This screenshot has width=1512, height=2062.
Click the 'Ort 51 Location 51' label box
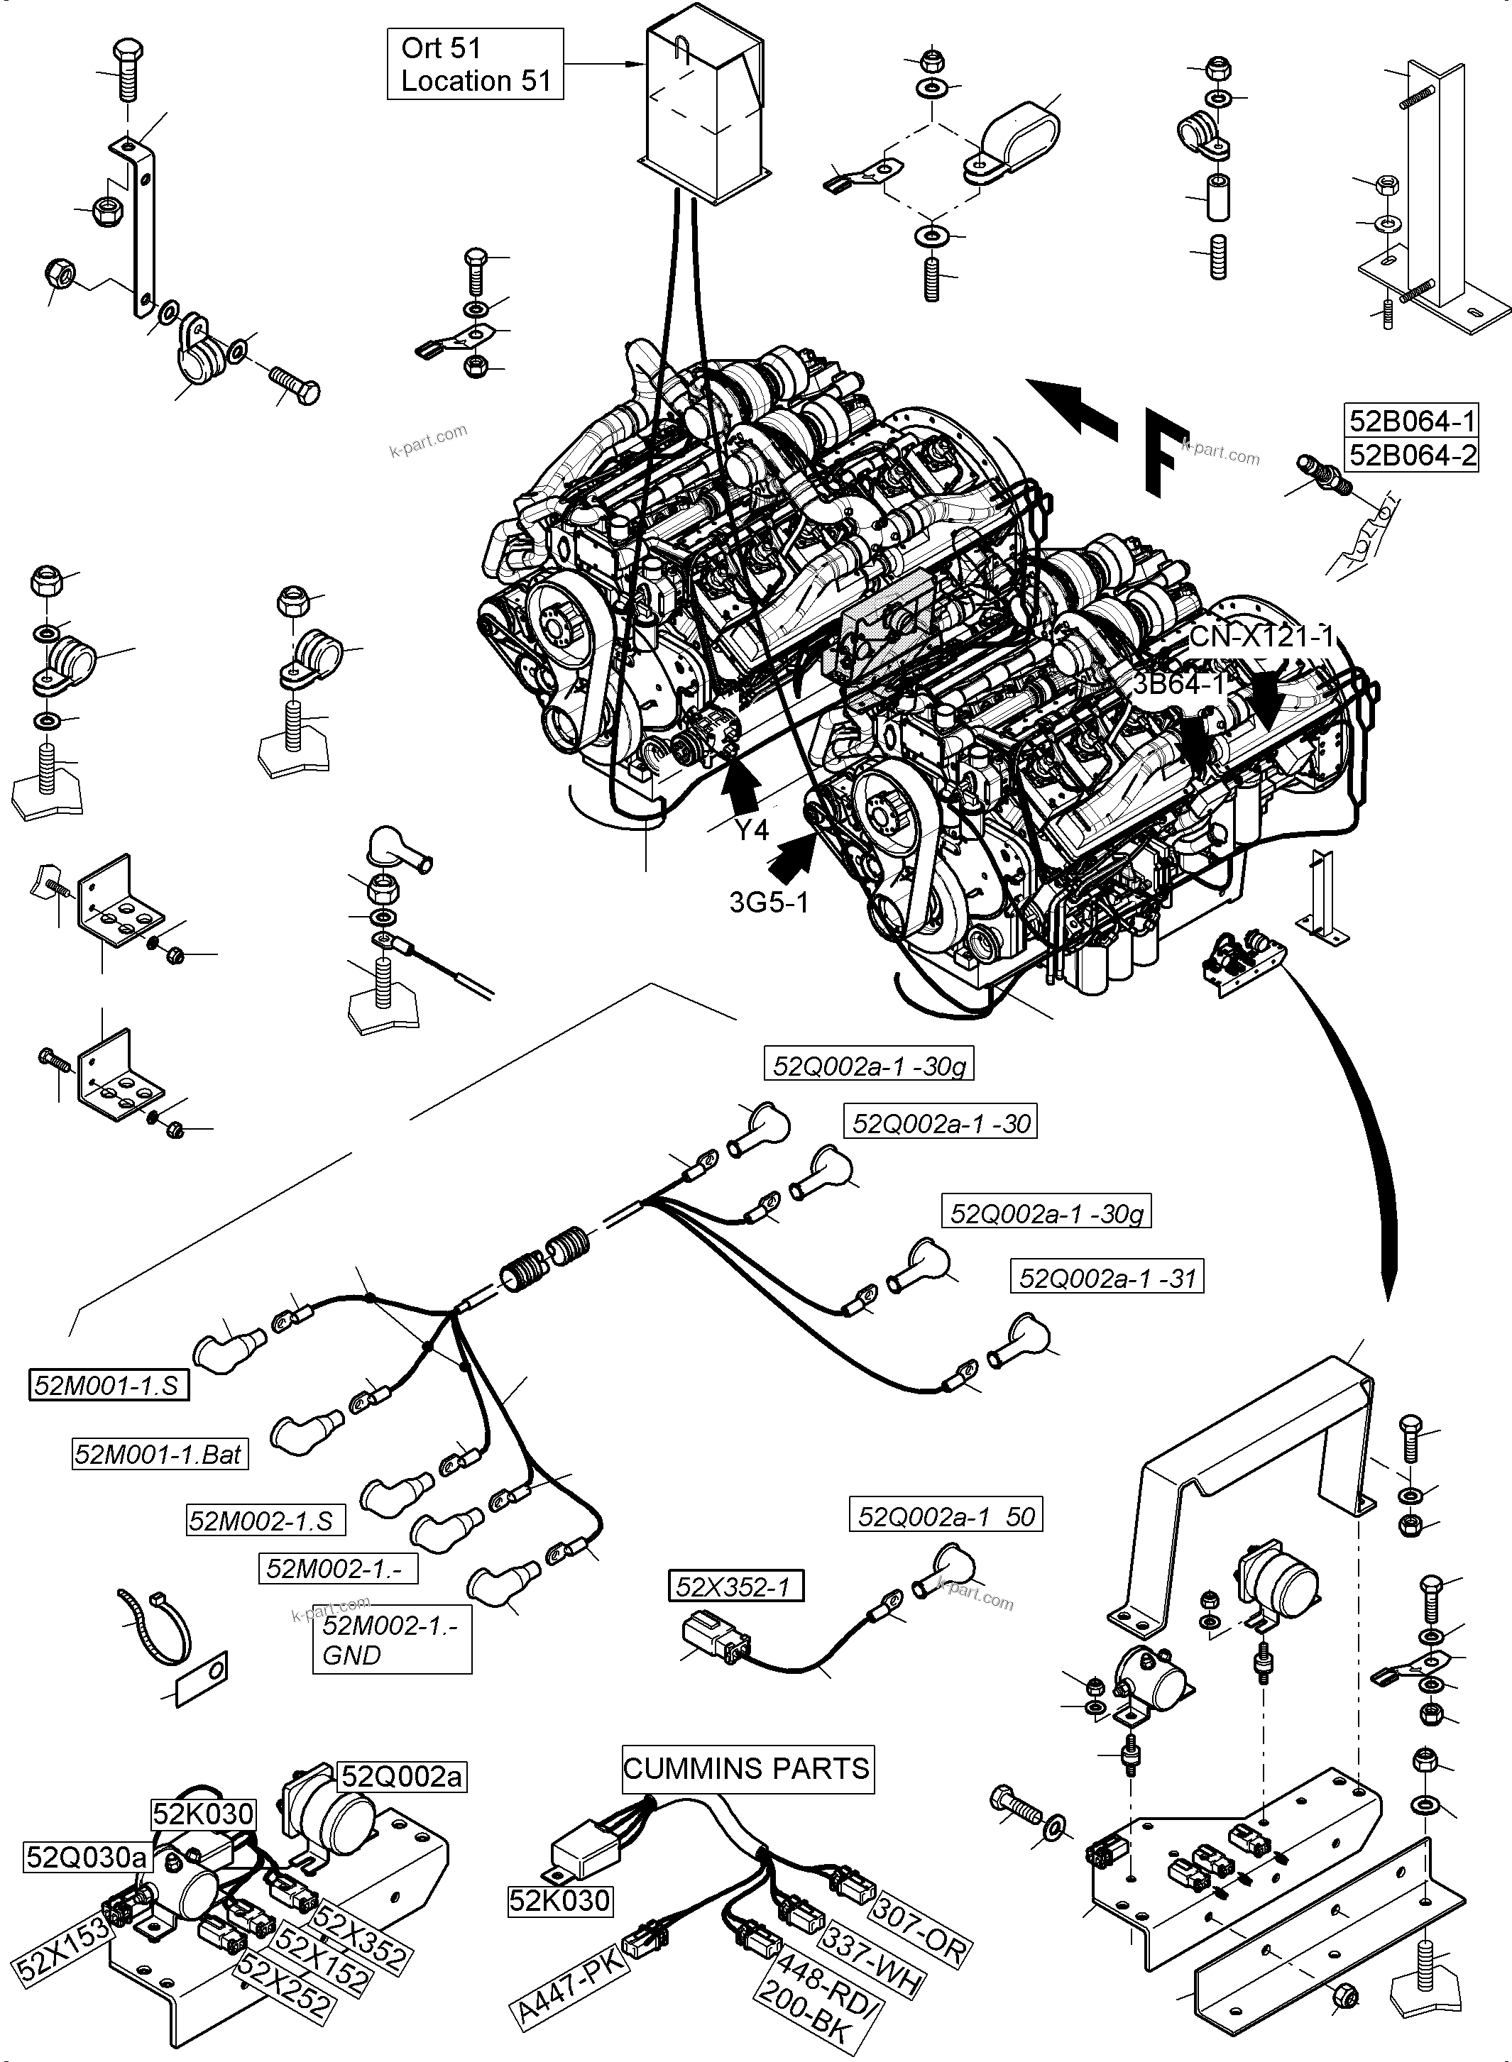tap(475, 64)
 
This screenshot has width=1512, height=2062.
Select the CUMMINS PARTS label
tap(746, 1768)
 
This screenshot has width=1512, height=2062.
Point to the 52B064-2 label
tap(1412, 455)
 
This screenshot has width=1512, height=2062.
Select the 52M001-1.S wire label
tap(108, 1385)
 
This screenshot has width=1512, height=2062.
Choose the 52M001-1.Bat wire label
tap(159, 1454)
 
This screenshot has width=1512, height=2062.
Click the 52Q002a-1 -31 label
tap(1107, 1277)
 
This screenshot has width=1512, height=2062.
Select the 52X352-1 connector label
tap(735, 1587)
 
